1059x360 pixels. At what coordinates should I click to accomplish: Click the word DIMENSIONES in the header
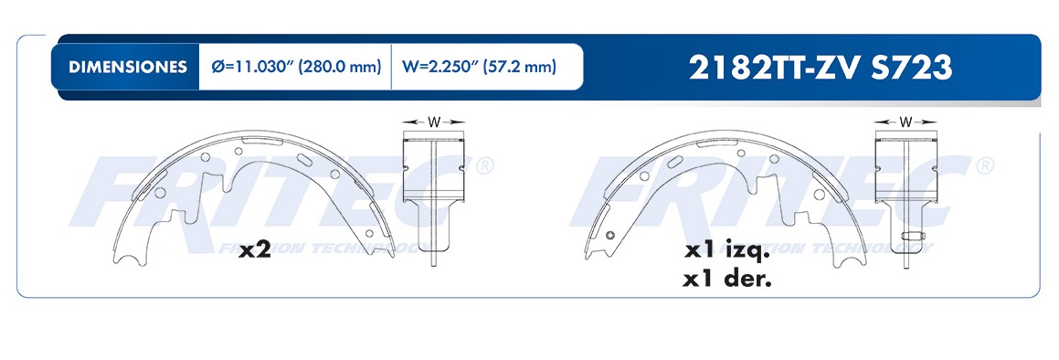[x=128, y=67]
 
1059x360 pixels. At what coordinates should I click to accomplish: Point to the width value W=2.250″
[x=439, y=67]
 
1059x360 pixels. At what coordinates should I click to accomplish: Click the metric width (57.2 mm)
[x=519, y=67]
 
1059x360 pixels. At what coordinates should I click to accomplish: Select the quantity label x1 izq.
[x=725, y=251]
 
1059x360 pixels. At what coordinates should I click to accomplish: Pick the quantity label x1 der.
[x=726, y=279]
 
